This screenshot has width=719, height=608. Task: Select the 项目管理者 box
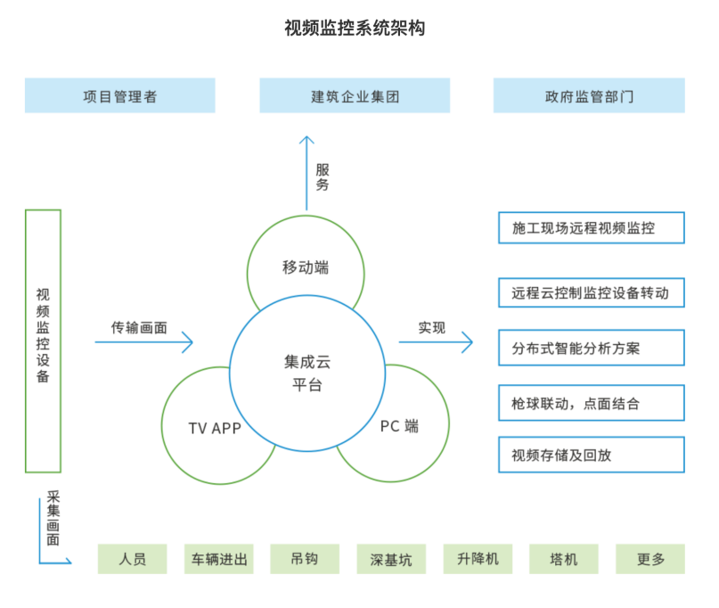119,95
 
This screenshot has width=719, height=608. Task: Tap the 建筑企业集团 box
355,95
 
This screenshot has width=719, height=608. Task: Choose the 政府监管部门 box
589,95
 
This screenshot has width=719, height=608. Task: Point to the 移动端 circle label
306,267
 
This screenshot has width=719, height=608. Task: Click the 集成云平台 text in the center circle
307,374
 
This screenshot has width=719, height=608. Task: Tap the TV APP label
215,429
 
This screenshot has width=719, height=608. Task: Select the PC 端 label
399,426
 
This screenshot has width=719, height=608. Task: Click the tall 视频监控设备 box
43,341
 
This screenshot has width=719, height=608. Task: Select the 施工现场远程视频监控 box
592,227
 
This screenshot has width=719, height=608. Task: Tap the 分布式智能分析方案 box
592,348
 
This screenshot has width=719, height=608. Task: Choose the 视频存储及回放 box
592,455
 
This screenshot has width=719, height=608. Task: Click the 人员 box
132,559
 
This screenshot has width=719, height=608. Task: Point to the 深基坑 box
391,559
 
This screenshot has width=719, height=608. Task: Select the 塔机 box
564,559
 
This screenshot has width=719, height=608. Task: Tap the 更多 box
650,559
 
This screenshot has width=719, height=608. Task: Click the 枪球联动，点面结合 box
592,403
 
